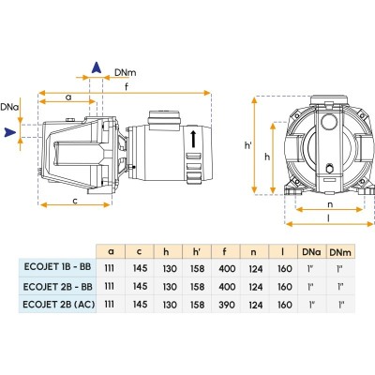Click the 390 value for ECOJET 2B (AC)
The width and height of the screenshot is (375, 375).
click(227, 305)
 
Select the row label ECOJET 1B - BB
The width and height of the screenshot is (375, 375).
click(57, 267)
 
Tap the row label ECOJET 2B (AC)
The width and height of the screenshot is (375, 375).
click(59, 304)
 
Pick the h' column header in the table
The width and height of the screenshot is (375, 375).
click(197, 251)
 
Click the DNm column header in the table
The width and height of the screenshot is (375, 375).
click(340, 252)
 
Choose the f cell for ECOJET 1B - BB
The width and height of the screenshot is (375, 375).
click(227, 268)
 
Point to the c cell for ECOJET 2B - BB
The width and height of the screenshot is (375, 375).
click(140, 286)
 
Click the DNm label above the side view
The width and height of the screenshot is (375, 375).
click(126, 72)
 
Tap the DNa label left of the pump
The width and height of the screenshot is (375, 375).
click(9, 107)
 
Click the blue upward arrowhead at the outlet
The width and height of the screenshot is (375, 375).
click(97, 67)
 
